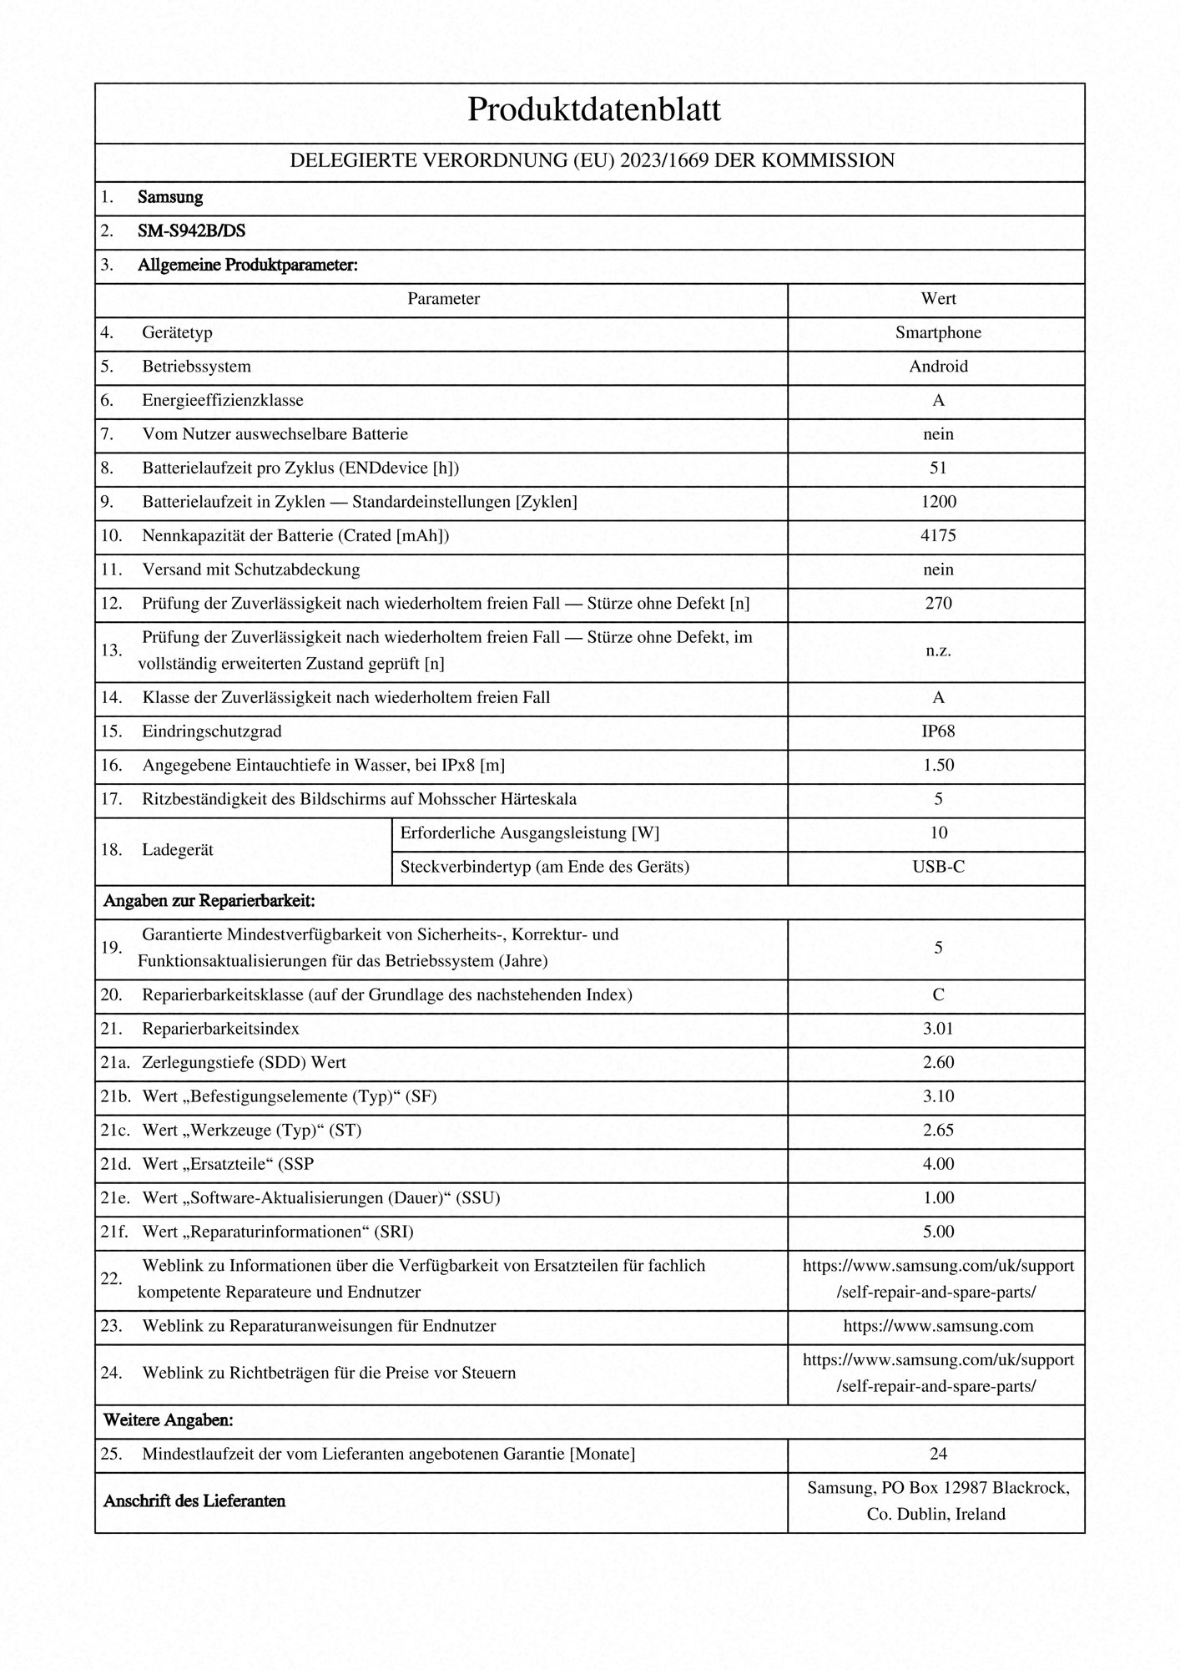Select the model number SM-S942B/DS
[191, 231]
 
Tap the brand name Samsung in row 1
[170, 198]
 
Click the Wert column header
[938, 299]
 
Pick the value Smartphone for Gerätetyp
[938, 332]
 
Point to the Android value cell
[938, 367]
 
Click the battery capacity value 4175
[938, 536]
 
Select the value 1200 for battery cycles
[938, 502]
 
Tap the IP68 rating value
[938, 731]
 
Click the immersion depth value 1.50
[938, 765]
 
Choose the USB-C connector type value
[938, 867]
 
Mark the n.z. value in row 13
[938, 650]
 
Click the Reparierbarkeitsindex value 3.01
[938, 1029]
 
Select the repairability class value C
[938, 994]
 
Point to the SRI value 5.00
[938, 1232]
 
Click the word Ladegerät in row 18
[178, 850]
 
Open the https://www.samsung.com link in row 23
[938, 1326]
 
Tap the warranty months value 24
[938, 1454]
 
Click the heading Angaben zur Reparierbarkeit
[209, 902]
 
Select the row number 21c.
[115, 1131]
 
